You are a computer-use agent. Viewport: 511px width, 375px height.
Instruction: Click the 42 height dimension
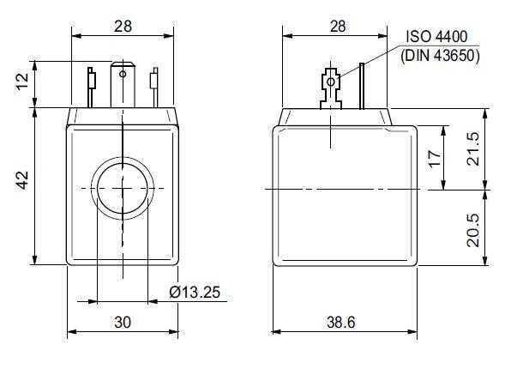[23, 180]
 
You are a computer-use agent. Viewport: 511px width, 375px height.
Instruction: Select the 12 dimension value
[23, 82]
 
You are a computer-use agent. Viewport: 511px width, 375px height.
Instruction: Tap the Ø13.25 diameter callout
[195, 292]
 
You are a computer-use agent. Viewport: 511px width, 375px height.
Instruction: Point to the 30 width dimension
[123, 322]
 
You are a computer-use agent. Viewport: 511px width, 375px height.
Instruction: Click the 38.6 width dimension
[341, 322]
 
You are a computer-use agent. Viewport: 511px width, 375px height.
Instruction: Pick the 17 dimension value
[435, 159]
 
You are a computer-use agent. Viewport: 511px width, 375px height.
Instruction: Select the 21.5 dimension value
[474, 148]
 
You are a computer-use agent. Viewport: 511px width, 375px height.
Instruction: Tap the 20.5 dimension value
[474, 230]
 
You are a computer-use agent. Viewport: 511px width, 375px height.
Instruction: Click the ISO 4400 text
[436, 37]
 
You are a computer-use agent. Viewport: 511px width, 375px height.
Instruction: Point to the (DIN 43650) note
[441, 56]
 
